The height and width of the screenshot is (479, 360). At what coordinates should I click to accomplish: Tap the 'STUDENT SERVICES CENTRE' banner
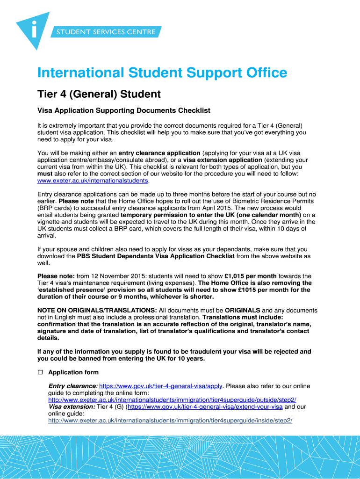pyautogui.click(x=106, y=32)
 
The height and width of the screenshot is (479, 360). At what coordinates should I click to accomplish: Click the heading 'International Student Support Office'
pyautogui.click(x=162, y=73)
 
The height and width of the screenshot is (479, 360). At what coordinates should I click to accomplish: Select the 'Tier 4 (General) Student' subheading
pyautogui.click(x=99, y=94)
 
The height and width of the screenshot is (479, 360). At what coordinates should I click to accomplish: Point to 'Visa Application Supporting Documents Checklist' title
pyautogui.click(x=123, y=110)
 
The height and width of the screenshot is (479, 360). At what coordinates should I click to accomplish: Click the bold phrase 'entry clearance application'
pyautogui.click(x=159, y=153)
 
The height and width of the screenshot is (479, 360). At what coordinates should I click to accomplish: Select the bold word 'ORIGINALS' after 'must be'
pyautogui.click(x=242, y=310)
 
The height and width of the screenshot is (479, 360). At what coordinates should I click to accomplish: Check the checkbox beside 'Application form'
pyautogui.click(x=40, y=372)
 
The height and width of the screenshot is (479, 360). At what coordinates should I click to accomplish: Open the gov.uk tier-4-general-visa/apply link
pyautogui.click(x=161, y=386)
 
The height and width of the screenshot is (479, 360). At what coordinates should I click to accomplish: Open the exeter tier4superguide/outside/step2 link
pyautogui.click(x=172, y=400)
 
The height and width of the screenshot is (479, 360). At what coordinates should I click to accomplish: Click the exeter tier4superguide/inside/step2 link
pyautogui.click(x=170, y=421)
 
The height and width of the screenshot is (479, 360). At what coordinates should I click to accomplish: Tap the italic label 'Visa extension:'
pyautogui.click(x=72, y=406)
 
